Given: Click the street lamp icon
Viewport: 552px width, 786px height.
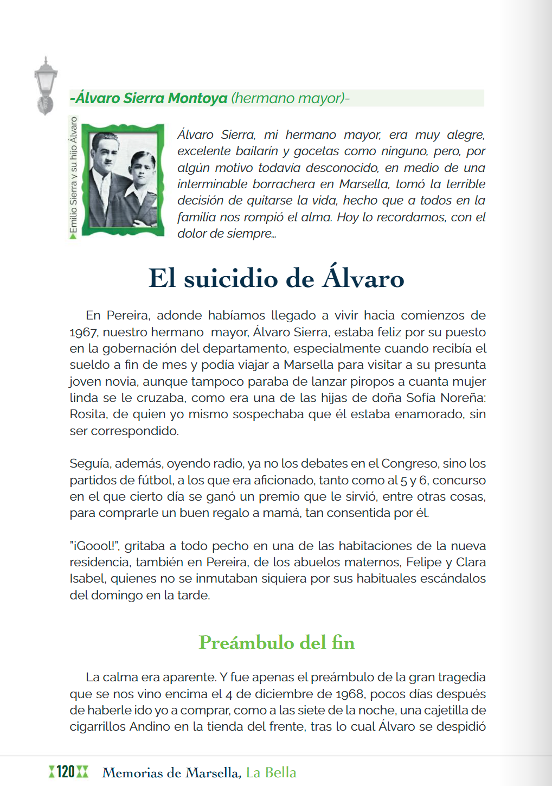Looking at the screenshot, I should (46, 85).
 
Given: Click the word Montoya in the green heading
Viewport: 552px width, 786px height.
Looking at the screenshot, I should (197, 98).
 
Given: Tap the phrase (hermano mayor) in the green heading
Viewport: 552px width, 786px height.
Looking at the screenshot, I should (287, 98).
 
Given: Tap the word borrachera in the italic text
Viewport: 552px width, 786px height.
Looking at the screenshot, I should (288, 184).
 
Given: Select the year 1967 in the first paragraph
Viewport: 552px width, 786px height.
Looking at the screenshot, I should (83, 332).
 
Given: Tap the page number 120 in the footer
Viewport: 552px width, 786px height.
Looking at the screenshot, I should (66, 772).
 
